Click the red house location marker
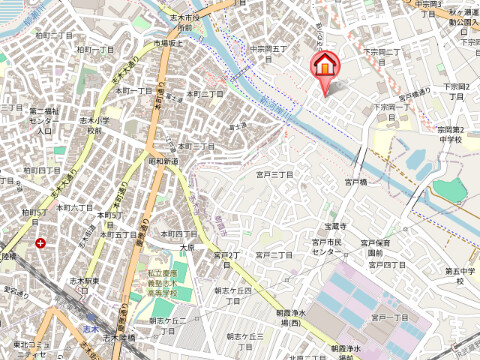click(324, 69)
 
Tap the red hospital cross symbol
click(39, 242)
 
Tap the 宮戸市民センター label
click(327, 247)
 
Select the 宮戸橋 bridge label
click(358, 183)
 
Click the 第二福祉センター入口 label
click(43, 120)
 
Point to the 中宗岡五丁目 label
click(268, 48)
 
